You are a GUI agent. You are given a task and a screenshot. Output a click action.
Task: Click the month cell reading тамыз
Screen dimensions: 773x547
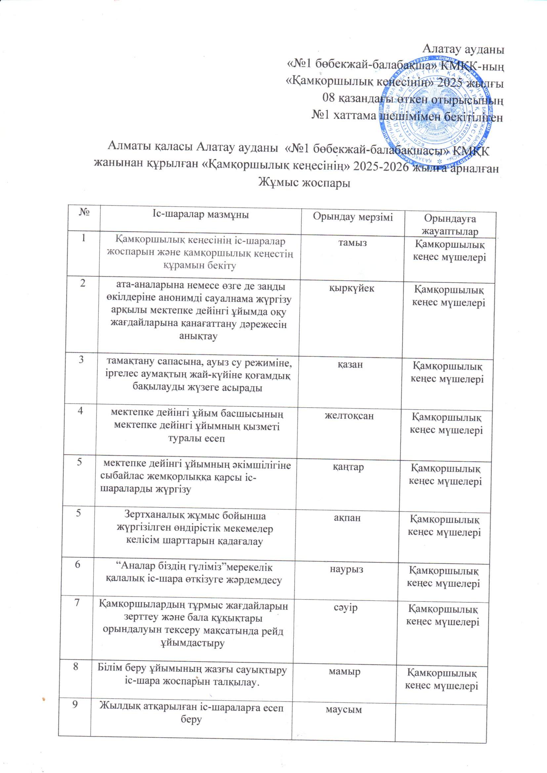[x=352, y=243]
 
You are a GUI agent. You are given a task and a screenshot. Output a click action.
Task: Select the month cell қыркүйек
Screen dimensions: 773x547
[x=351, y=289]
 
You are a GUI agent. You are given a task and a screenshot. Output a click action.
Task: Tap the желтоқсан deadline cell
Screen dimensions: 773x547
[x=349, y=416]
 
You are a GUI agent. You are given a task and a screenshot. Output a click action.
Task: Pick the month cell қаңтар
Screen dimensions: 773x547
[x=348, y=467]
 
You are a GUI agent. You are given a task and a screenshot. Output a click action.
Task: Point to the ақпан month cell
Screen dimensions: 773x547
[x=347, y=518]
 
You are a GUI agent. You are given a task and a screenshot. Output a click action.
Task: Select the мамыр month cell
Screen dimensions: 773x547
[x=344, y=671]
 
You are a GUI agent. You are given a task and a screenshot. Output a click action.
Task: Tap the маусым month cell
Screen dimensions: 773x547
[x=344, y=710]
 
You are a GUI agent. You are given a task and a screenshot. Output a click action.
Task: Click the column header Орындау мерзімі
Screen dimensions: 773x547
[x=353, y=217]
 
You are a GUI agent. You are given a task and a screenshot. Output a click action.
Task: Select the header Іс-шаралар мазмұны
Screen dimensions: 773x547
[x=200, y=215]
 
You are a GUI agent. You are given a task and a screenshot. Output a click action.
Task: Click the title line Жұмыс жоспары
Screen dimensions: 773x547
[x=304, y=183]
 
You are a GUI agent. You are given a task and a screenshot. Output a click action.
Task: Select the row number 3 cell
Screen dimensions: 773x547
[x=81, y=360]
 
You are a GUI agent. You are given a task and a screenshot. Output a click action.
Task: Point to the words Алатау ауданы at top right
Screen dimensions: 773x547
[x=463, y=50]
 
